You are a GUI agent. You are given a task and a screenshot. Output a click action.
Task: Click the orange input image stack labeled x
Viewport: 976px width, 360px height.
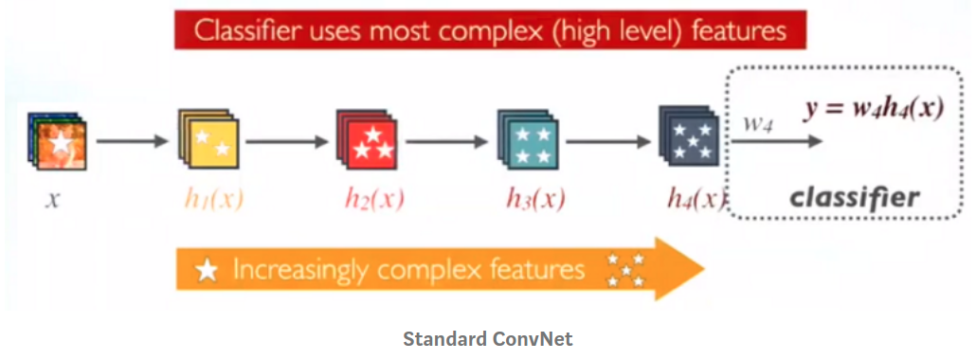click(x=57, y=140)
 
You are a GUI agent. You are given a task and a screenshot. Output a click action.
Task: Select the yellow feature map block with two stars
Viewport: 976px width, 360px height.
click(x=208, y=139)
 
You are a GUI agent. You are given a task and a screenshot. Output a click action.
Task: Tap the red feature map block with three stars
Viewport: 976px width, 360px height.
click(x=368, y=139)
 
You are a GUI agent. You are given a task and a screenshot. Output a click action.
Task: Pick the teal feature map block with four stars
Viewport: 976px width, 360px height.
click(x=527, y=139)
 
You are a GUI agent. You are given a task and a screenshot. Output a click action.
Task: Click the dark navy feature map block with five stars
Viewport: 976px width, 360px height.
click(x=689, y=137)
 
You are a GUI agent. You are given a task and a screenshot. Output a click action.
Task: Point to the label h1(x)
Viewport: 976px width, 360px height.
click(x=213, y=199)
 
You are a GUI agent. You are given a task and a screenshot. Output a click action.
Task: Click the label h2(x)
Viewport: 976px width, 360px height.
click(x=374, y=199)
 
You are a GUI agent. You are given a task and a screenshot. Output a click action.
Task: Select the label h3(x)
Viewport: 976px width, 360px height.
click(x=535, y=199)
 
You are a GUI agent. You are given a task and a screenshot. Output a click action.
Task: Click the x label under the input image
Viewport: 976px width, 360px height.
click(x=53, y=201)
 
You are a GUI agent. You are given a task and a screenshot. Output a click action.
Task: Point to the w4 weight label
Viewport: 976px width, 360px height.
click(x=758, y=123)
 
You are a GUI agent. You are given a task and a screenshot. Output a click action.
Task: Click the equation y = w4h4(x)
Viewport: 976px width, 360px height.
click(x=874, y=110)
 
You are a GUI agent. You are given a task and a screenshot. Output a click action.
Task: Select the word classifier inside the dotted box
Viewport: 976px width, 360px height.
click(x=855, y=197)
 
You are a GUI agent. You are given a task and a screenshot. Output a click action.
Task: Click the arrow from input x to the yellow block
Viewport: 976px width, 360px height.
click(x=133, y=141)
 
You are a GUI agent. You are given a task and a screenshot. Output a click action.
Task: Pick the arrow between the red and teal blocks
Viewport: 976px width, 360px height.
click(x=447, y=141)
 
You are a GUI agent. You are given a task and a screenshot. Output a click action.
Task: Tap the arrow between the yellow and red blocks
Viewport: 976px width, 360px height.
click(x=287, y=141)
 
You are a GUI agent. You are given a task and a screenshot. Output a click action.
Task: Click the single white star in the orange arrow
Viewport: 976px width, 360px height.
click(x=207, y=270)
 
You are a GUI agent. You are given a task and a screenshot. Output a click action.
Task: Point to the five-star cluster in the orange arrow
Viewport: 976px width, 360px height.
click(x=625, y=270)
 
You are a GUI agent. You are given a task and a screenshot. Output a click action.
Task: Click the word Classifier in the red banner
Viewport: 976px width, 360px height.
click(x=240, y=30)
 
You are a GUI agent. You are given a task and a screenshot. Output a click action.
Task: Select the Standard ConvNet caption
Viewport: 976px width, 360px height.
click(x=487, y=339)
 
